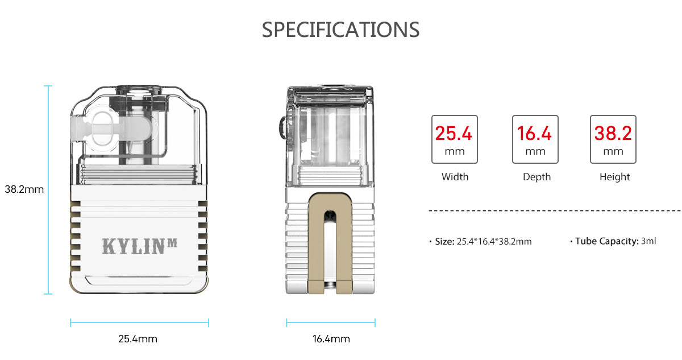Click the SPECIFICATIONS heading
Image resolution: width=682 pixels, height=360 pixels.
click(x=340, y=30)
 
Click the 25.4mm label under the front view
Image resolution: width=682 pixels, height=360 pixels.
click(x=138, y=339)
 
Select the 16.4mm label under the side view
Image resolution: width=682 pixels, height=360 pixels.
click(x=331, y=339)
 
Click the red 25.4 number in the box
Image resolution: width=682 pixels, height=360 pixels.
click(x=454, y=134)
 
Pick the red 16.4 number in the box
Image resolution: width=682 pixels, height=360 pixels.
click(x=534, y=134)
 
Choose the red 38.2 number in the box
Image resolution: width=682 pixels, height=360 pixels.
click(x=613, y=134)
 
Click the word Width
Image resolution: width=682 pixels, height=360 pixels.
click(x=455, y=177)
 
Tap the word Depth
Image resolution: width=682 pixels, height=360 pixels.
click(x=537, y=177)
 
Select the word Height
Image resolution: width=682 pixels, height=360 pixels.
click(x=614, y=177)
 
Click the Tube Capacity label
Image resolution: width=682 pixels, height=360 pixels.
click(x=606, y=241)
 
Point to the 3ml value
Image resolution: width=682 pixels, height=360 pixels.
click(x=648, y=241)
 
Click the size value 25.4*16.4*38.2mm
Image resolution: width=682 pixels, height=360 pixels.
click(x=494, y=241)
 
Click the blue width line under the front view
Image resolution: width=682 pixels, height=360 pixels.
click(x=139, y=322)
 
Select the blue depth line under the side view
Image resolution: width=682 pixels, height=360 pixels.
click(x=330, y=322)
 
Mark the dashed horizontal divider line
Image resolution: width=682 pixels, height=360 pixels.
click(x=554, y=210)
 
